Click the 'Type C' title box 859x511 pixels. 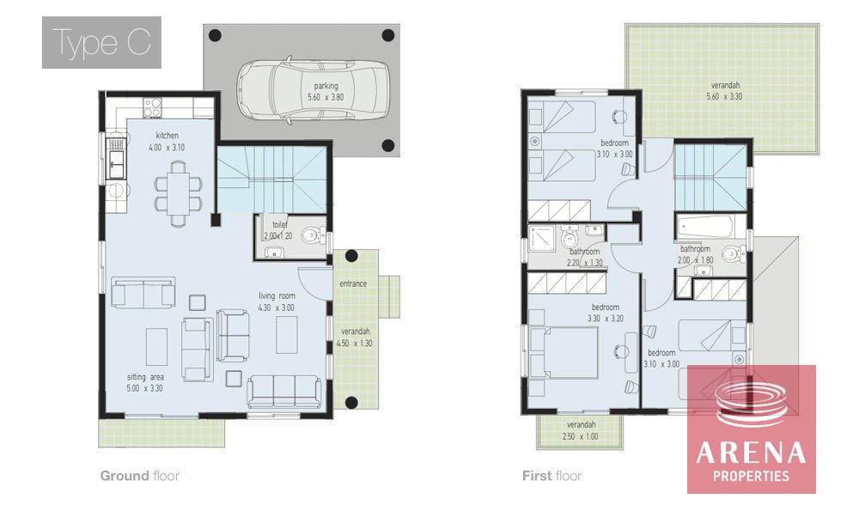pyautogui.click(x=101, y=43)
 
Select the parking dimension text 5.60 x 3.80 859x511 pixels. pyautogui.click(x=326, y=97)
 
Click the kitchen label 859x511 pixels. pyautogui.click(x=168, y=136)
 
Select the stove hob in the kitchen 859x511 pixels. pyautogui.click(x=152, y=107)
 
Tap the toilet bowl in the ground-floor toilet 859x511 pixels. pyautogui.click(x=312, y=235)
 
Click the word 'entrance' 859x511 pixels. pyautogui.click(x=353, y=283)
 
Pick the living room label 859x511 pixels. pyautogui.click(x=277, y=295)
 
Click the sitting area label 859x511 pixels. pyautogui.click(x=145, y=377)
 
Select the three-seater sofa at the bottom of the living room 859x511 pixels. pyautogui.click(x=284, y=391)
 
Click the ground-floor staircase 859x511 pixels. pyautogui.click(x=272, y=179)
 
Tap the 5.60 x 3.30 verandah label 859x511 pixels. pyautogui.click(x=725, y=91)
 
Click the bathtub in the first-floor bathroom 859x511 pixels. pyautogui.click(x=705, y=226)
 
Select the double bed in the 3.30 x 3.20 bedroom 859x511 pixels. pyautogui.click(x=563, y=353)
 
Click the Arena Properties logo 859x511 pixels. pyautogui.click(x=752, y=429)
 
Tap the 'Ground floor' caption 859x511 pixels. pyautogui.click(x=140, y=476)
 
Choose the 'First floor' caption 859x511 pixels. pyautogui.click(x=551, y=476)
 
